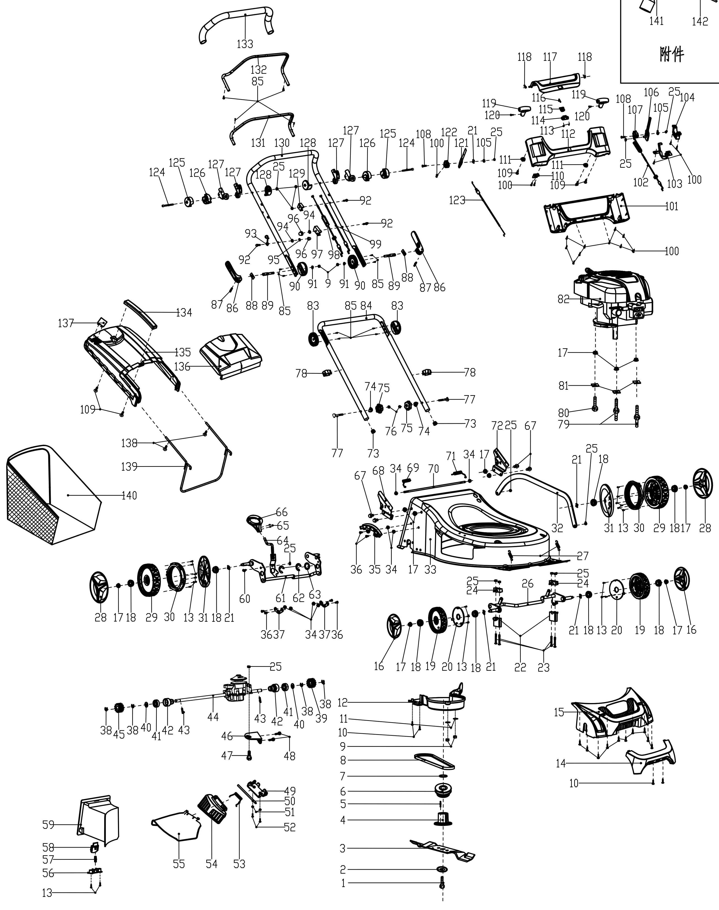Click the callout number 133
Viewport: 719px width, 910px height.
coord(245,44)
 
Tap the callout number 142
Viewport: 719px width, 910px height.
coord(700,21)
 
